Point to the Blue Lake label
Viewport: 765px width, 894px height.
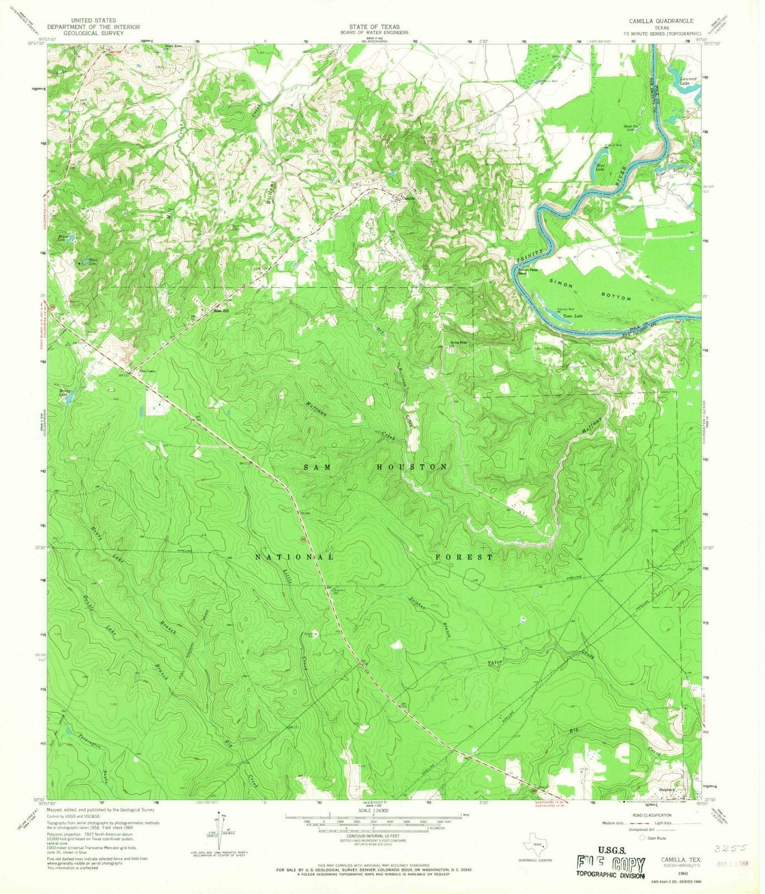point(602,166)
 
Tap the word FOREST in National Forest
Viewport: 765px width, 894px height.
point(464,557)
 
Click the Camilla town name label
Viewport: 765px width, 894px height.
point(407,198)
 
